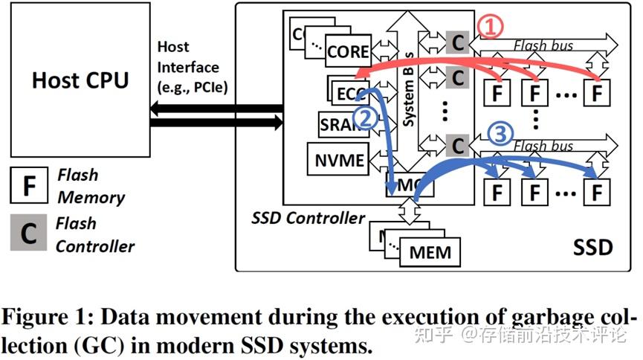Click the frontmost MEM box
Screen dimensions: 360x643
(x=430, y=252)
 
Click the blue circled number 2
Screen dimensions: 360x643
(x=366, y=117)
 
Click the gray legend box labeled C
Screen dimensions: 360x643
(x=28, y=234)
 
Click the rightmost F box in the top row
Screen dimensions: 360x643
(x=595, y=93)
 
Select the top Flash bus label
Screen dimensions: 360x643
(x=543, y=46)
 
